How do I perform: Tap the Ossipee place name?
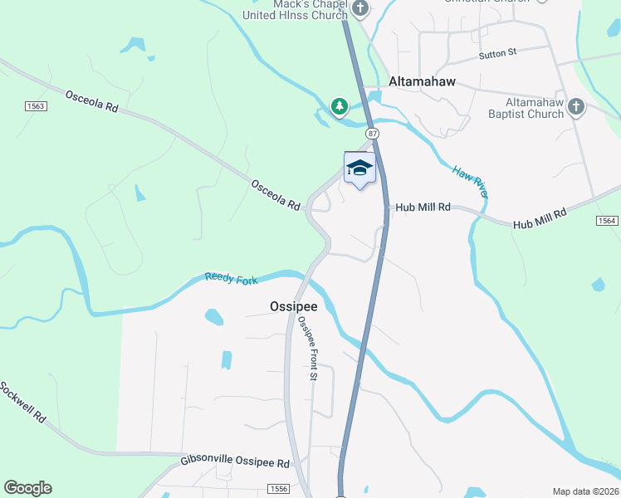(x=294, y=306)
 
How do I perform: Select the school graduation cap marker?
(x=359, y=168)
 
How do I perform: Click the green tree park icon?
(x=339, y=106)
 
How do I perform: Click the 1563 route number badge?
(x=35, y=105)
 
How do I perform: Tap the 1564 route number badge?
(x=607, y=220)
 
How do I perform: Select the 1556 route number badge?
(x=280, y=489)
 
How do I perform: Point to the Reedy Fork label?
(x=231, y=280)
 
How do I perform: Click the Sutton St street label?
(x=498, y=53)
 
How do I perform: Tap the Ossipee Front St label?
(x=307, y=349)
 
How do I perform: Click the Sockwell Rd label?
(x=22, y=403)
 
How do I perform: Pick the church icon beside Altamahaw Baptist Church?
(x=576, y=106)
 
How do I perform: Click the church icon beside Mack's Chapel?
(x=359, y=9)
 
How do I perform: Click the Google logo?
(x=27, y=488)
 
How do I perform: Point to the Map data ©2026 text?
(x=585, y=491)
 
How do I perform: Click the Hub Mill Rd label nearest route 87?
(x=423, y=207)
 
